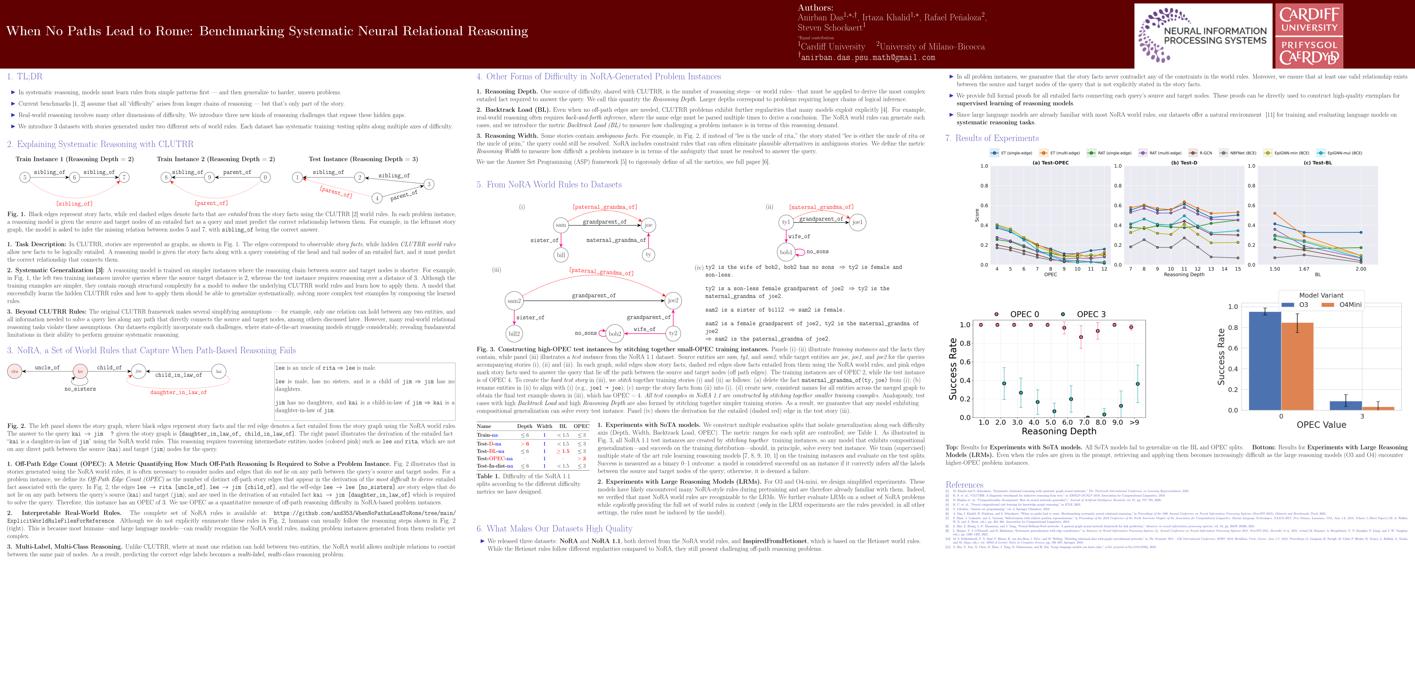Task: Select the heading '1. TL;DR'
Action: [25, 76]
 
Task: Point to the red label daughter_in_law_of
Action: [179, 393]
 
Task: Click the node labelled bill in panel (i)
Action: [561, 254]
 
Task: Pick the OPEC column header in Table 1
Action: [581, 426]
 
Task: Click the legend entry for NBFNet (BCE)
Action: [1239, 153]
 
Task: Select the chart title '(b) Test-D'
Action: [1184, 163]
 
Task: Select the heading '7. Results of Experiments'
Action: [992, 138]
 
